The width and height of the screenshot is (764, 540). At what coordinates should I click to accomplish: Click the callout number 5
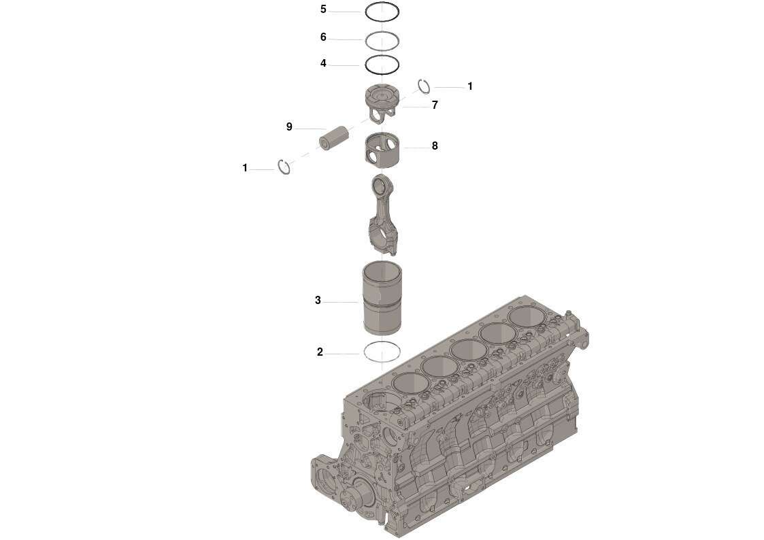(x=323, y=10)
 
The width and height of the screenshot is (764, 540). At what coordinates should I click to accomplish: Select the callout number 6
(x=323, y=37)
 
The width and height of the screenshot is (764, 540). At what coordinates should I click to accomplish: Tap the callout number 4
(x=323, y=63)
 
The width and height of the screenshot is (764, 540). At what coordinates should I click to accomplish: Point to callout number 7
(x=434, y=105)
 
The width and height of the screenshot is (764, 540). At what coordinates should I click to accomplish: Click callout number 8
(x=434, y=146)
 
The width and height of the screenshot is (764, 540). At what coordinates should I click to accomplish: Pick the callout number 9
(x=289, y=127)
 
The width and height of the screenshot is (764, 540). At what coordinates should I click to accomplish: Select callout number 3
(x=318, y=300)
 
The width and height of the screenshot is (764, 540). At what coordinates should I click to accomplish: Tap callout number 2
(x=320, y=352)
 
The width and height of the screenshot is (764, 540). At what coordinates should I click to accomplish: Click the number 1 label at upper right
(x=469, y=87)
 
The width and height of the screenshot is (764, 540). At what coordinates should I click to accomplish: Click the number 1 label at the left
(x=245, y=168)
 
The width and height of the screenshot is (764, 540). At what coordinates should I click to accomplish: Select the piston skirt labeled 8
(x=381, y=150)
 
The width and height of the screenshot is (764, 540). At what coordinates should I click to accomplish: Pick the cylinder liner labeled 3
(x=381, y=299)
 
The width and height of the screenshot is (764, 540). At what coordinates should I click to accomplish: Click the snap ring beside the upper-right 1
(x=424, y=86)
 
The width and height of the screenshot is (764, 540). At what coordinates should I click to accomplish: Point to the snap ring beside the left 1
(x=285, y=167)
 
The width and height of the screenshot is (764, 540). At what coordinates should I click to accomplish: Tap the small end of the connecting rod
(x=380, y=186)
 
